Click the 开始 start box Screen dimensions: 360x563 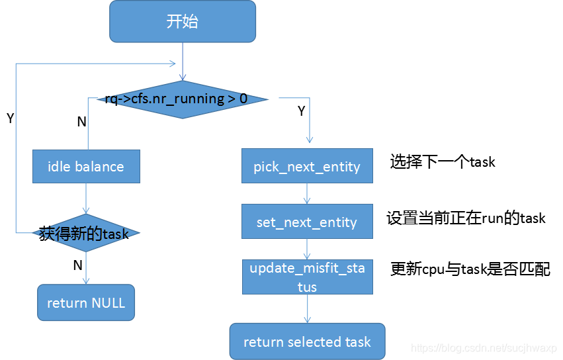[182, 21]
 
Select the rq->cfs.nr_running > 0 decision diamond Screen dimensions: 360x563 [182, 99]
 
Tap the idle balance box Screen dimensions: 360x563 [86, 166]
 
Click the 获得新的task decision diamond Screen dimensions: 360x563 [86, 233]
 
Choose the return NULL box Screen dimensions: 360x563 [86, 303]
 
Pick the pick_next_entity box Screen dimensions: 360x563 [307, 166]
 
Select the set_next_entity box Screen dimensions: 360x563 [307, 222]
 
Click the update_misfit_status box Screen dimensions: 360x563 [307, 277]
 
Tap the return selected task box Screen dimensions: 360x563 [307, 341]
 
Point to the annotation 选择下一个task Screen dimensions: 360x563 [443, 161]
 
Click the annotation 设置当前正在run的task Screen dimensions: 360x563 [466, 217]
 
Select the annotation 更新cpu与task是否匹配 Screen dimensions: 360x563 [470, 269]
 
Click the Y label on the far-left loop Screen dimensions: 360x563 [11, 118]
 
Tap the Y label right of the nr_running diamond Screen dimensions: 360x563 [302, 111]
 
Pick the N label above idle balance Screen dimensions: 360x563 [81, 122]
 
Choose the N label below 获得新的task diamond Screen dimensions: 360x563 [77, 265]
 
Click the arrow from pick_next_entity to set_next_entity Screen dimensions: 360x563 [307, 193]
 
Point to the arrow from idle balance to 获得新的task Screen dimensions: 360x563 [86, 199]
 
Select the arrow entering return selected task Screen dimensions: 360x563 [307, 308]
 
